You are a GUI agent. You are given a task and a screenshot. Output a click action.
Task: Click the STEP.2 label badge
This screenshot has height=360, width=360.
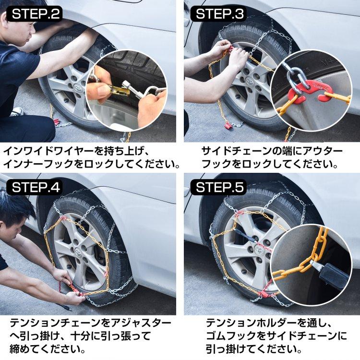coord(36,13)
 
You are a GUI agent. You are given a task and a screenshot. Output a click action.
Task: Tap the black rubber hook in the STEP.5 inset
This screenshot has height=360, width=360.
coord(334,276)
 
